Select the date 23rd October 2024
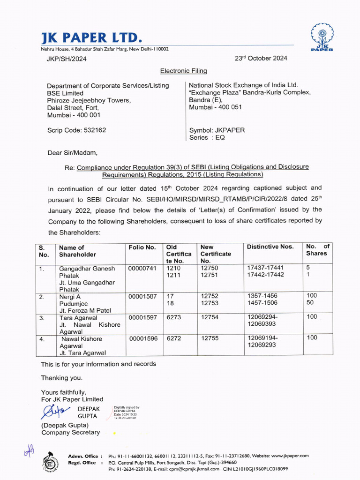[261, 59]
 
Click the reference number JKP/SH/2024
[67, 59]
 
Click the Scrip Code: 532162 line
[76, 130]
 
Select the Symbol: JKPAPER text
[217, 130]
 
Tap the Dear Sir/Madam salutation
[73, 153]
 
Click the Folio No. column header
[142, 247]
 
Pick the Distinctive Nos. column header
[270, 247]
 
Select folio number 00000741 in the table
[142, 268]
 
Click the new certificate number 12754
[210, 317]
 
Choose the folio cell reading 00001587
[142, 296]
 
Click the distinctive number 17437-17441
[265, 268]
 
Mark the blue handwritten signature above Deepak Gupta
[54, 412]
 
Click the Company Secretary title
[71, 433]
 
